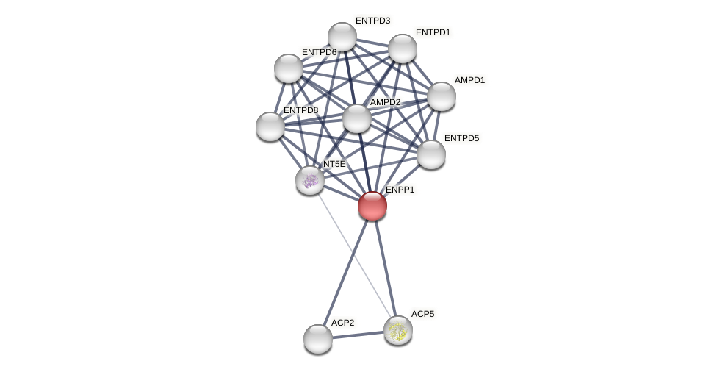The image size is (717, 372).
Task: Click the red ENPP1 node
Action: click(x=372, y=206)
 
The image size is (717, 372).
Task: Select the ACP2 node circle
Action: click(x=318, y=339)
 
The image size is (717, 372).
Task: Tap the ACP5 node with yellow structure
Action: click(x=398, y=330)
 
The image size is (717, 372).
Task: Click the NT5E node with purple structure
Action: click(x=310, y=180)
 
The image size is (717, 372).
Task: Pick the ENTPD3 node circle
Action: click(x=342, y=37)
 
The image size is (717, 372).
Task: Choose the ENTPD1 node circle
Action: click(x=403, y=49)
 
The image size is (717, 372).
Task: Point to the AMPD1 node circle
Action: click(x=442, y=96)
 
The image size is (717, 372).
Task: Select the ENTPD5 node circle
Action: click(x=431, y=154)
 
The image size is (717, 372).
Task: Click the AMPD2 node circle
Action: click(x=357, y=118)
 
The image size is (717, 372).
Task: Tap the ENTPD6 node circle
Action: click(x=289, y=68)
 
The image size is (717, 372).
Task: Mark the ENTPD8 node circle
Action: click(x=270, y=126)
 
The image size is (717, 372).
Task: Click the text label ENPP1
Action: click(x=400, y=190)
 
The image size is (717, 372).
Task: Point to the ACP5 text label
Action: click(x=422, y=314)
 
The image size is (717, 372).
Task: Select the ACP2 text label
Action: click(x=342, y=323)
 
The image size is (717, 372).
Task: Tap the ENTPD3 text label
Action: click(x=372, y=21)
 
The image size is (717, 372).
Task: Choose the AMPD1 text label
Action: click(x=469, y=80)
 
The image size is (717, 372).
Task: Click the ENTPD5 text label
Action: click(x=461, y=138)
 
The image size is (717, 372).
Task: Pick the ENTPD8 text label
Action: click(x=300, y=110)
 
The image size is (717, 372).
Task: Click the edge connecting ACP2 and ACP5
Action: click(x=358, y=335)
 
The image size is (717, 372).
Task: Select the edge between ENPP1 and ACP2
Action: click(x=345, y=272)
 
